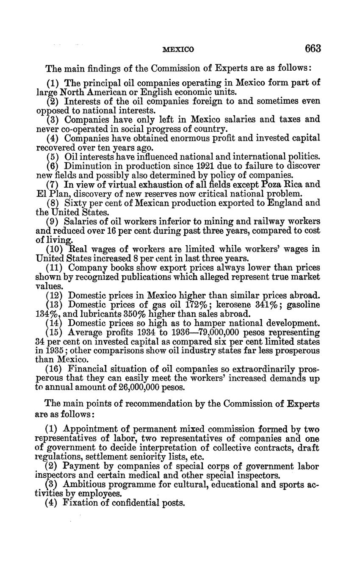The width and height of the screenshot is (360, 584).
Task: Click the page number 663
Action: [x=313, y=49]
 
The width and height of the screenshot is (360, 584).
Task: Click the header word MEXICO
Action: [x=178, y=50]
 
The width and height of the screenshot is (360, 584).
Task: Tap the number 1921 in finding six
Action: [x=178, y=166]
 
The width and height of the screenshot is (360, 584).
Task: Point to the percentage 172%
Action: [x=196, y=305]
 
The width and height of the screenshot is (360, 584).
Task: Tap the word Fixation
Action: [x=82, y=504]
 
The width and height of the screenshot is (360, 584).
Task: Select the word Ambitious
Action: [x=84, y=485]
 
